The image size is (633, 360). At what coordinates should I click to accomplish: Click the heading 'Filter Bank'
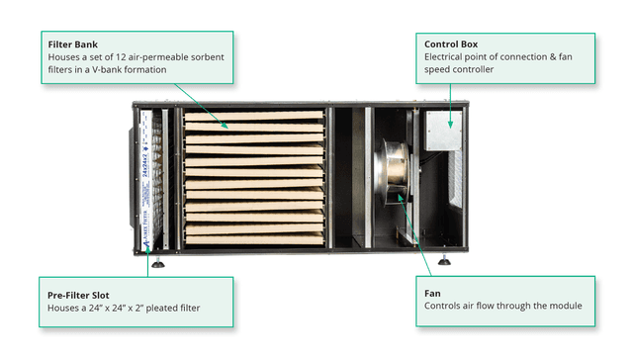point(72,45)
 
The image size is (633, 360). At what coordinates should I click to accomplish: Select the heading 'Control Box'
point(451,44)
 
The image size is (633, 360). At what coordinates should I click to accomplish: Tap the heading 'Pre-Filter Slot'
point(78,295)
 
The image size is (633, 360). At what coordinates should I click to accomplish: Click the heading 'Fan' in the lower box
point(432,294)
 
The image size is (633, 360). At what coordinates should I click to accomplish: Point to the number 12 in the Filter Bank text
point(121,57)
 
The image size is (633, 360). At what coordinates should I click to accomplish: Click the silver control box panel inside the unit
point(444,131)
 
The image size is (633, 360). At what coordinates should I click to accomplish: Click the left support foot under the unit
point(158,263)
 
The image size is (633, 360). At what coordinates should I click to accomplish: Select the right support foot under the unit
point(444,260)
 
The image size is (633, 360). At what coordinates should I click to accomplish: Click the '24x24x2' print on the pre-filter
point(145,164)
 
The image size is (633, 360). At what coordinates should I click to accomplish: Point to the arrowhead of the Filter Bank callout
point(226,126)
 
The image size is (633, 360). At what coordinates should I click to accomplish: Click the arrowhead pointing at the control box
point(451,125)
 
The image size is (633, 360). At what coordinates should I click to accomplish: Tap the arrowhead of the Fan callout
point(401,198)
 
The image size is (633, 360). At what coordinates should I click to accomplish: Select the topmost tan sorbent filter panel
point(254,116)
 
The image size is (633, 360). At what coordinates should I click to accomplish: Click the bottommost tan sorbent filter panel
point(255,239)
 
